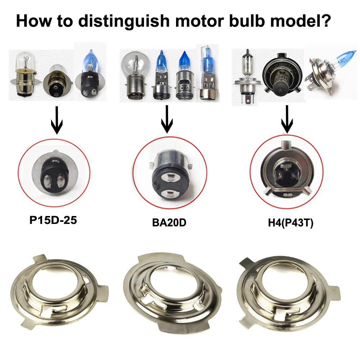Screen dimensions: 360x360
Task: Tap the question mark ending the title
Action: click(323, 21)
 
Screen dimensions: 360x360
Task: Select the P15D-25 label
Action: click(53, 220)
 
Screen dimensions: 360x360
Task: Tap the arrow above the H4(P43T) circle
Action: click(287, 119)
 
